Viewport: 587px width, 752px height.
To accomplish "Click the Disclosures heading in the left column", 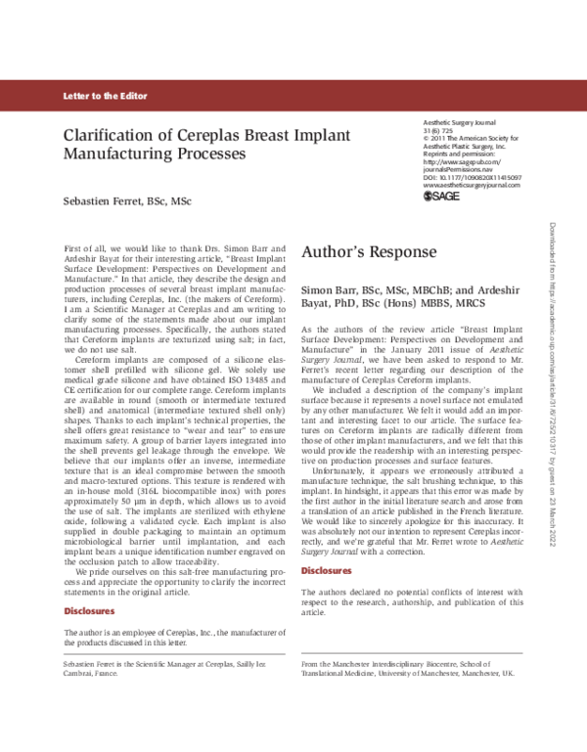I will pyautogui.click(x=89, y=611).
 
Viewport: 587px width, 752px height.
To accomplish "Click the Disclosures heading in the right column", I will pyautogui.click(x=327, y=569).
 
